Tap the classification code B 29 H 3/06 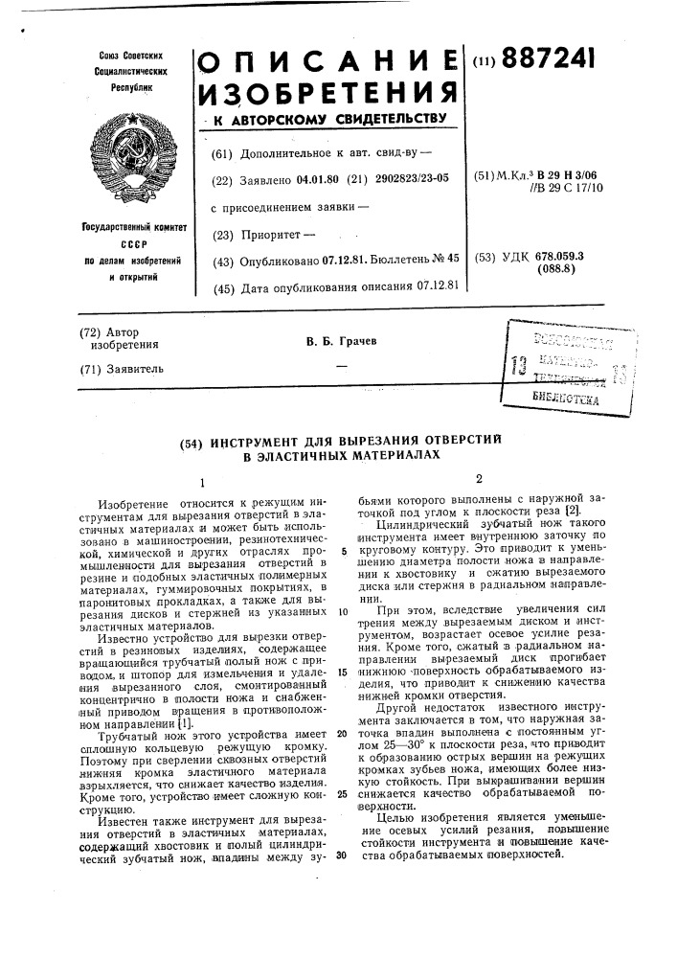[571, 175]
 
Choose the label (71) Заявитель [122, 368]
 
